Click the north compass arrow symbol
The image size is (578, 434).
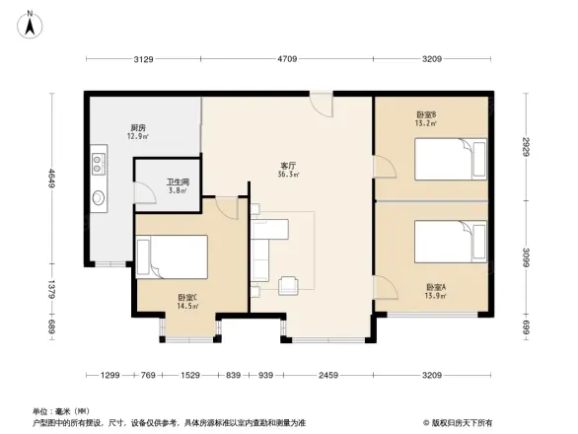[31, 21]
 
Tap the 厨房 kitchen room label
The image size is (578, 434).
[138, 127]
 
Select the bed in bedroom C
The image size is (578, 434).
[177, 258]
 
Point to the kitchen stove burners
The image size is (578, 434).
[99, 158]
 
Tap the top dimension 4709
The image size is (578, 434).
[287, 60]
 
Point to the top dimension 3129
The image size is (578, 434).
[143, 60]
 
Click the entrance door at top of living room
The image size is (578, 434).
[321, 102]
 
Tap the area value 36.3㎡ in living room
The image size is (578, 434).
[289, 177]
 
